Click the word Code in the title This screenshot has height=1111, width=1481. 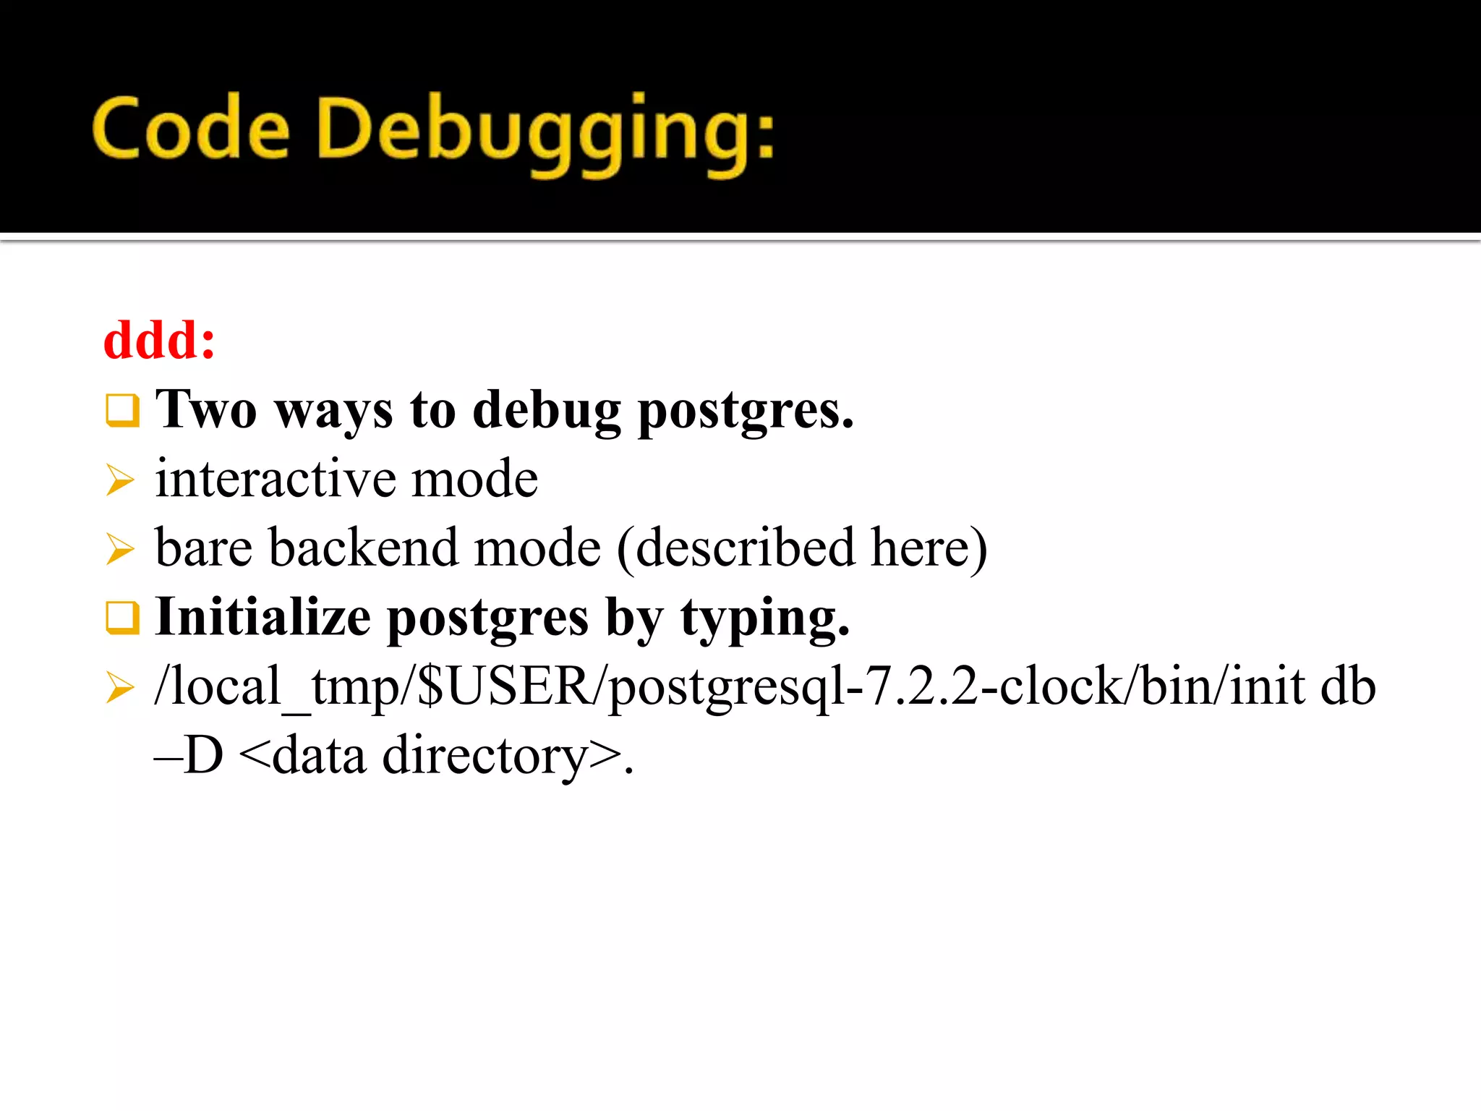(191, 129)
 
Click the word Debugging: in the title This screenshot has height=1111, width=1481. (545, 133)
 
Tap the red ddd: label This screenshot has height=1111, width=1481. (160, 340)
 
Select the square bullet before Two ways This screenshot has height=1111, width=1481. (121, 410)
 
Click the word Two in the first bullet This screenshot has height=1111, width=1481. (206, 409)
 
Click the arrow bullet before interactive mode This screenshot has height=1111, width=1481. (120, 480)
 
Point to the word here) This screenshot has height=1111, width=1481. (929, 548)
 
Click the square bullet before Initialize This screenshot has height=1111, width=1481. (121, 617)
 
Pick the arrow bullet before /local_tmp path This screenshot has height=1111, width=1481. (120, 686)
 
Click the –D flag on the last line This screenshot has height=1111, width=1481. (189, 755)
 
